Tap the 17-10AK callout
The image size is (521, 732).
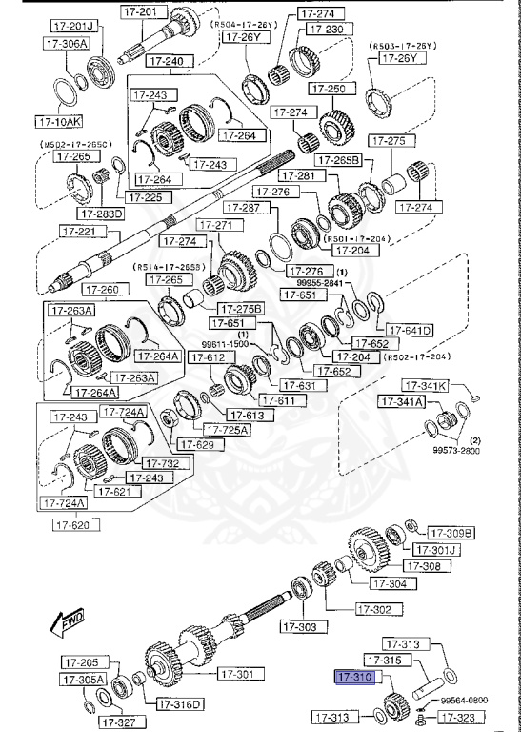click(x=59, y=122)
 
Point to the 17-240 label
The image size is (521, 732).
click(x=167, y=61)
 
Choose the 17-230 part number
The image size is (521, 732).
click(x=321, y=29)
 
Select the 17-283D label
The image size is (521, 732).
click(x=102, y=213)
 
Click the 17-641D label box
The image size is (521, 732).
click(x=410, y=331)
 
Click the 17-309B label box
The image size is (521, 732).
click(x=451, y=532)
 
